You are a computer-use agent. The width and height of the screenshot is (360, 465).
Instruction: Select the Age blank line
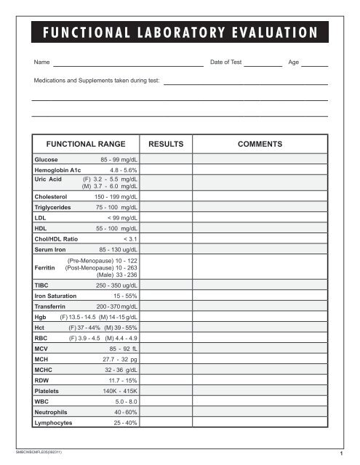pos(314,66)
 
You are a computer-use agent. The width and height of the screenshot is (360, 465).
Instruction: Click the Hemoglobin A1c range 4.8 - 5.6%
pos(124,169)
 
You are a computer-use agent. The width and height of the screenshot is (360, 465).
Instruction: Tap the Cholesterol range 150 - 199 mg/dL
pos(120,196)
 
